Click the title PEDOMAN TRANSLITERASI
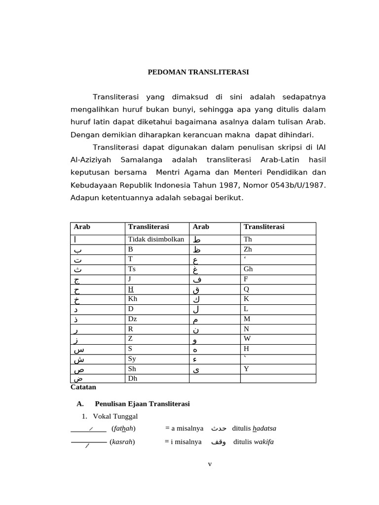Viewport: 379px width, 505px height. coord(198,72)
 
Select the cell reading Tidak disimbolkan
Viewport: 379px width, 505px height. coord(156,240)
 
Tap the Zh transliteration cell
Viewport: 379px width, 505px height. coord(248,250)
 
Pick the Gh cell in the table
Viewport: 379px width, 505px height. coord(248,269)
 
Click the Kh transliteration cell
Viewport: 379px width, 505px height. coord(133,299)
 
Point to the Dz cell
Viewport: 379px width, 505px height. coord(132,319)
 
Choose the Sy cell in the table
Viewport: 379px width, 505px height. coord(132,359)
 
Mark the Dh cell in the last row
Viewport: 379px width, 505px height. coord(132,379)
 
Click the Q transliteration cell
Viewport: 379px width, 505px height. coord(246,289)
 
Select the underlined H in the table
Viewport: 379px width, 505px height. coord(131,289)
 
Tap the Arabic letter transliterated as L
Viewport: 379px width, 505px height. coord(196,309)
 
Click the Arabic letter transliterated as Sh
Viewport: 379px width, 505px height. coord(78,369)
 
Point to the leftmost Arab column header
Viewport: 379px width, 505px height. coord(82,227)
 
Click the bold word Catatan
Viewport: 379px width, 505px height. coord(83,387)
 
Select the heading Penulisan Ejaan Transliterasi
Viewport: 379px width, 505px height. coord(142,404)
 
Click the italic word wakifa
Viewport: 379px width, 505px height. coord(264,442)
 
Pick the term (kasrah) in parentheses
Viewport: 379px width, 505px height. coord(122,442)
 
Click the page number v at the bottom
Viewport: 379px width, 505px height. coord(210,464)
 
